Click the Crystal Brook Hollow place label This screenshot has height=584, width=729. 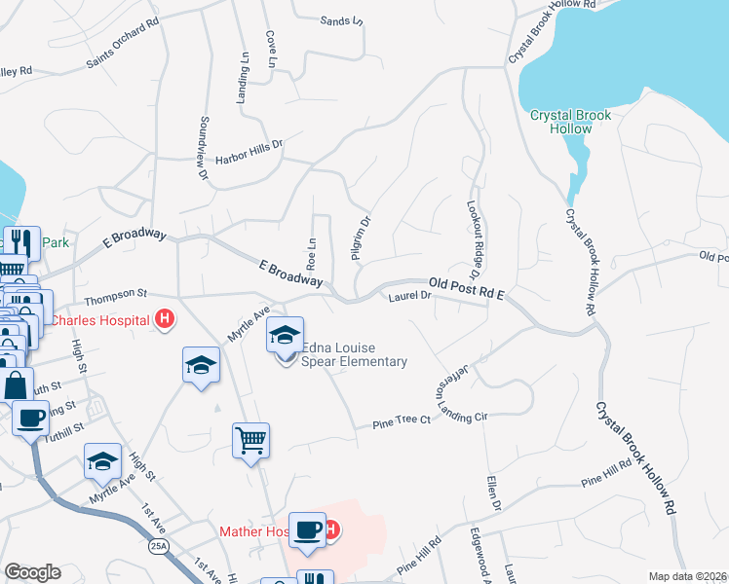pyautogui.click(x=570, y=122)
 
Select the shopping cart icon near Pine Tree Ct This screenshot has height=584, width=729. pyautogui.click(x=250, y=440)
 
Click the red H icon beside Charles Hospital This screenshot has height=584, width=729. pyautogui.click(x=165, y=318)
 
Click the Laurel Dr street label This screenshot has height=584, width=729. pyautogui.click(x=409, y=296)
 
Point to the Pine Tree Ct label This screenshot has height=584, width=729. pyautogui.click(x=403, y=422)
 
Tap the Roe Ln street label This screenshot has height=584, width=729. pyautogui.click(x=312, y=254)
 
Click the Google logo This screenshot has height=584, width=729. pyautogui.click(x=31, y=572)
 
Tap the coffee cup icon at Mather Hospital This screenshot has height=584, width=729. pyautogui.click(x=308, y=529)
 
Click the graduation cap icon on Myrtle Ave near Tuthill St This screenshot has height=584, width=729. pyautogui.click(x=102, y=462)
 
